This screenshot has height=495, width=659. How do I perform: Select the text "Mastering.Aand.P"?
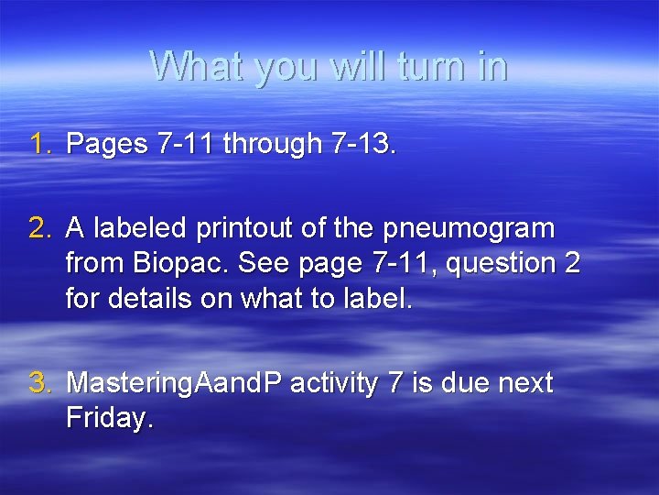click(175, 383)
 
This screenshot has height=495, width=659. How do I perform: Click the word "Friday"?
click(107, 419)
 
